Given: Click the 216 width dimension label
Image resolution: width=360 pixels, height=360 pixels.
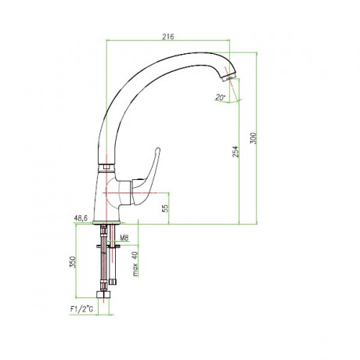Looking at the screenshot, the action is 168,37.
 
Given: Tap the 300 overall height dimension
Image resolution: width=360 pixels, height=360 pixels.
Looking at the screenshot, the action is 254,139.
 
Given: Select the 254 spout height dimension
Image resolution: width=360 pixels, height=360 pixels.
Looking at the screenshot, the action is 236,151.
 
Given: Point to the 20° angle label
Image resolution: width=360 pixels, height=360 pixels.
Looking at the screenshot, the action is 220,97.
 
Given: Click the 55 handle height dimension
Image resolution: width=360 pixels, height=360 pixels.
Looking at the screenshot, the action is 165,208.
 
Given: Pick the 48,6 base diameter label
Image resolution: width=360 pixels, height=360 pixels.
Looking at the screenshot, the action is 81,218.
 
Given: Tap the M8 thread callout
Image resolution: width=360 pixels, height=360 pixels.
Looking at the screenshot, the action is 124,238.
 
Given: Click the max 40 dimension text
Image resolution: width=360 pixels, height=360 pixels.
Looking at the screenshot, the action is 135,264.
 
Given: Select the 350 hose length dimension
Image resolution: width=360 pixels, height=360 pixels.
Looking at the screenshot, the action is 72,261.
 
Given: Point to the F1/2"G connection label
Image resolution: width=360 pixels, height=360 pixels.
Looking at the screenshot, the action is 81,309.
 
